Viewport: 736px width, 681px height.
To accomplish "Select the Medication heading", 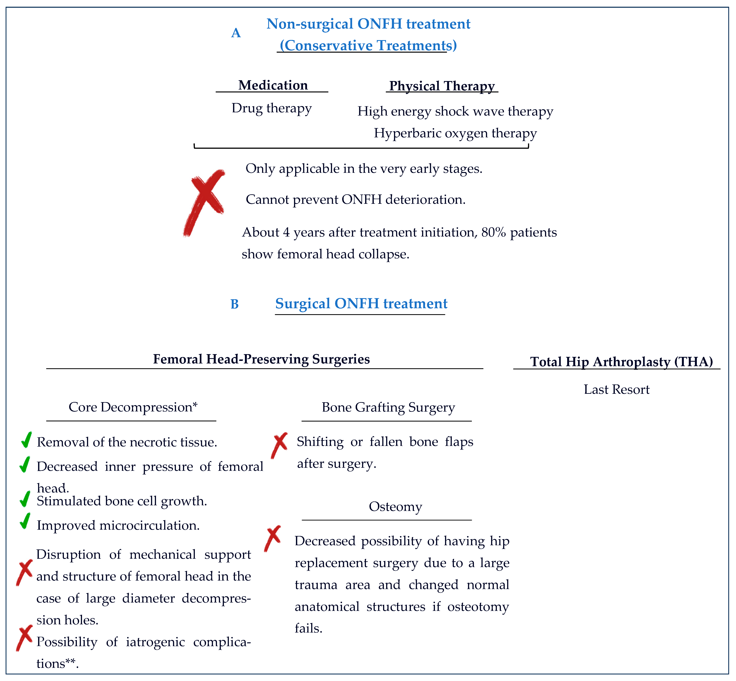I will [x=273, y=85].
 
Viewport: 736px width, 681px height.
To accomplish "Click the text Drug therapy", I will [x=272, y=108].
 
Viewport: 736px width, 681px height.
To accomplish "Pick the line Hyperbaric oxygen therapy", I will [x=455, y=133].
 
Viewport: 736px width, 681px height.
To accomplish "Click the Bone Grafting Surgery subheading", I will [x=388, y=407].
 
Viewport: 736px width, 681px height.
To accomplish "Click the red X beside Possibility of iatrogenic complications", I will [x=24, y=638].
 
